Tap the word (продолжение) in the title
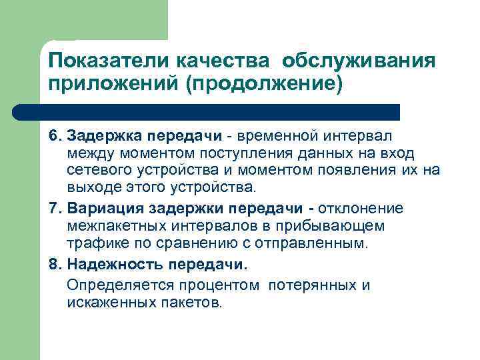point(267,85)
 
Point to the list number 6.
point(53,136)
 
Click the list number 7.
point(53,209)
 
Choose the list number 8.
point(53,264)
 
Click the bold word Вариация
point(99,209)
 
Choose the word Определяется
point(113,285)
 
